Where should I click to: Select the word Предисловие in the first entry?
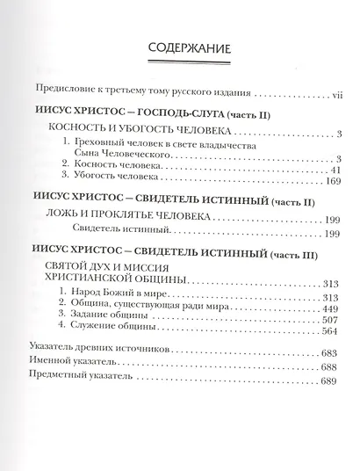click(63, 92)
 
